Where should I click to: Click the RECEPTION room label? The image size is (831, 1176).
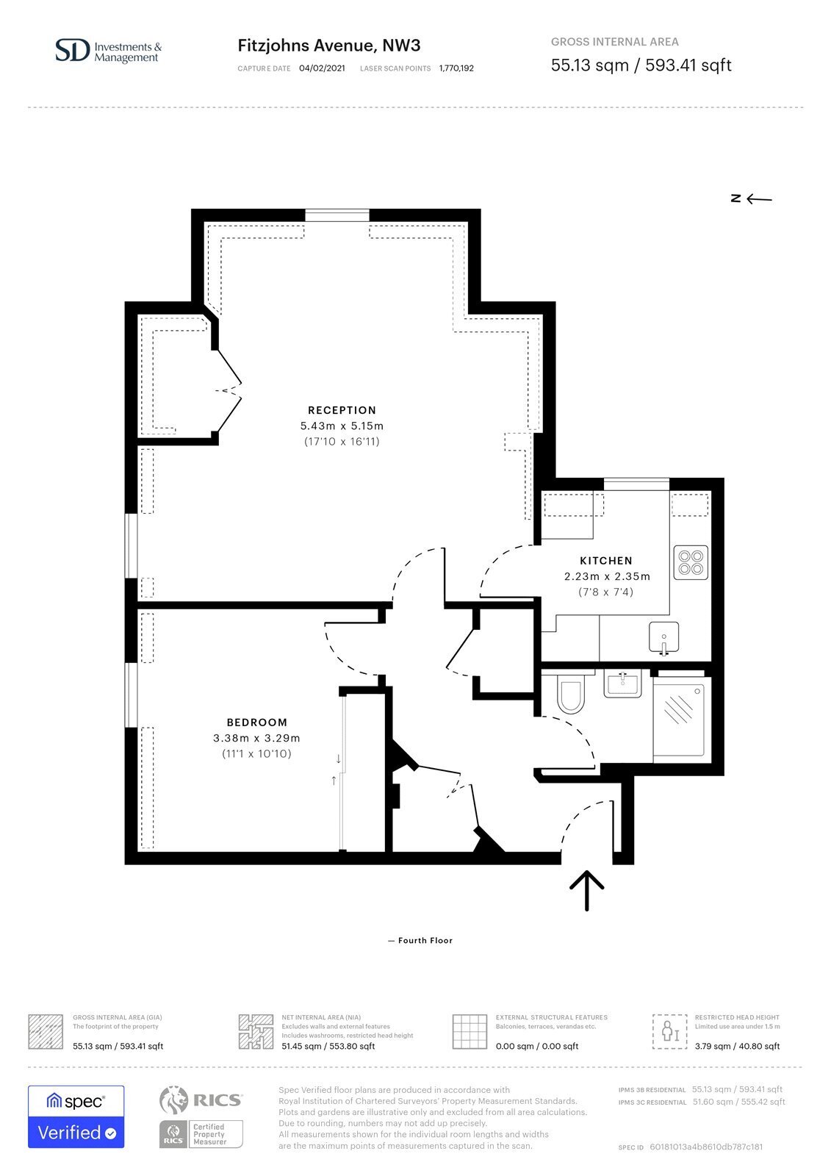click(x=342, y=410)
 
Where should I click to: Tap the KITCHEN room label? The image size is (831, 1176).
click(x=605, y=561)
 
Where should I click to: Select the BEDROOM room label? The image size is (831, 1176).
click(x=256, y=723)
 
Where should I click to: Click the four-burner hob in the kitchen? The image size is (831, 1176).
click(x=691, y=563)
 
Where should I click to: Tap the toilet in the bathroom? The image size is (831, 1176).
click(x=570, y=694)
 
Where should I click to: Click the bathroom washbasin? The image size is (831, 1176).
click(x=622, y=684)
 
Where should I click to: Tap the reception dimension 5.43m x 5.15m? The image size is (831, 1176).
click(x=342, y=426)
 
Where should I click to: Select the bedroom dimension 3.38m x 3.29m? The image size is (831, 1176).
click(x=256, y=738)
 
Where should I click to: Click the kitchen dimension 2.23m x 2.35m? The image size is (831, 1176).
click(x=607, y=576)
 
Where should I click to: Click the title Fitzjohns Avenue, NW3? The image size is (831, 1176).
click(x=329, y=46)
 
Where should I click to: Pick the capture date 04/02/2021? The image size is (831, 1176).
click(x=322, y=68)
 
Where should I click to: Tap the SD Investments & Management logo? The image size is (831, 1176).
click(x=109, y=51)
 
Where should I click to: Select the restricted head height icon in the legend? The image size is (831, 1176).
click(x=670, y=1031)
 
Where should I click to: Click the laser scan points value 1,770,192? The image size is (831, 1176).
click(x=456, y=68)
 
